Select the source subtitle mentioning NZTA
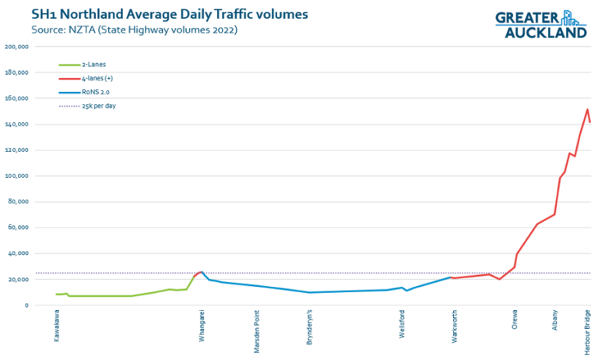(x=134, y=30)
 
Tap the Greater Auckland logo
(x=540, y=25)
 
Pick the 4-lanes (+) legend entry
(x=98, y=79)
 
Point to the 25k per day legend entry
(x=99, y=105)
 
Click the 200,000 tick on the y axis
(x=17, y=47)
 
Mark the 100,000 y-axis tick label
(x=17, y=176)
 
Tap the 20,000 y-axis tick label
(x=19, y=280)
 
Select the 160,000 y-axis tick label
(x=17, y=98)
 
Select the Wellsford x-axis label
(x=402, y=329)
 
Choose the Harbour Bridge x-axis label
(x=588, y=333)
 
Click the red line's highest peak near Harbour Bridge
(x=587, y=109)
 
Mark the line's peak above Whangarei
(x=202, y=272)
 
